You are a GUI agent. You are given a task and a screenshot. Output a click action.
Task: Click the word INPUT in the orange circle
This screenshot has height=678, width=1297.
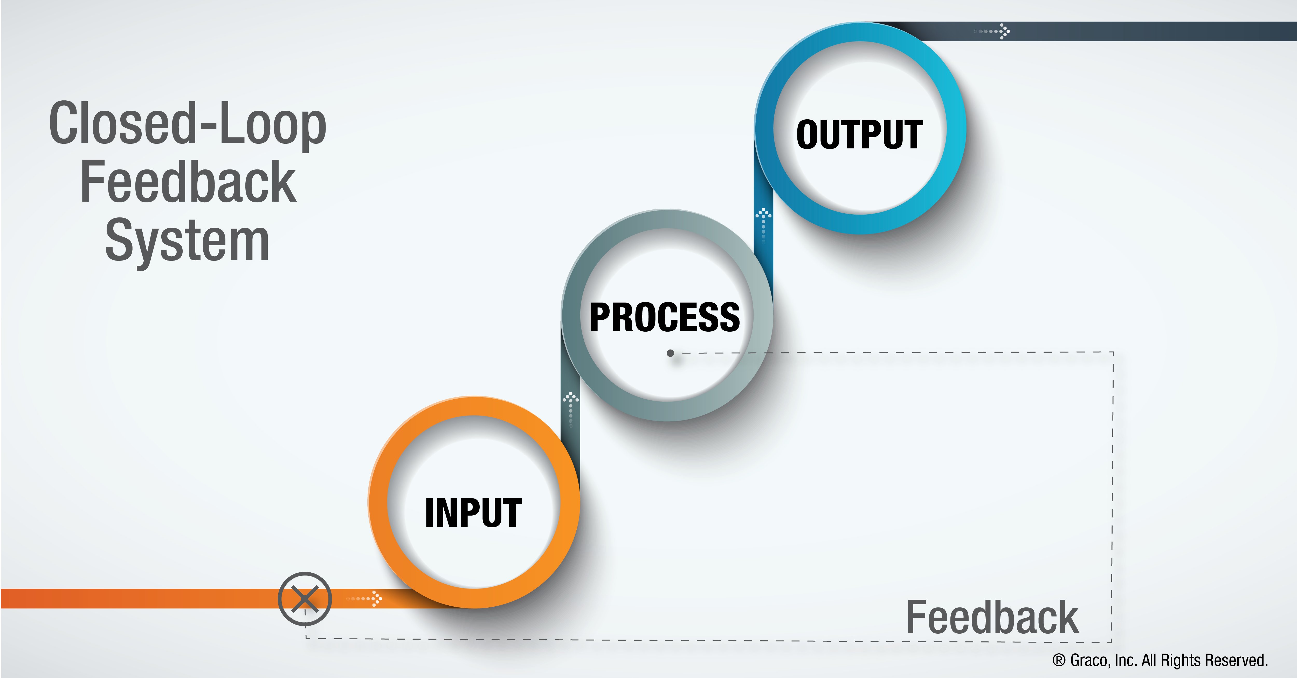pos(473,513)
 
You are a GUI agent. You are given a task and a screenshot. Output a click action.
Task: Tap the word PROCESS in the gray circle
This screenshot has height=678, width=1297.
pos(665,317)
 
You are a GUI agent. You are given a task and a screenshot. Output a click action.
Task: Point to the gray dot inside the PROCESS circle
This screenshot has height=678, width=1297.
pos(670,353)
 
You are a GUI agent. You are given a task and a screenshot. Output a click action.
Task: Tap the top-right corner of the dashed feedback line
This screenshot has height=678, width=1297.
pos(1113,353)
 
